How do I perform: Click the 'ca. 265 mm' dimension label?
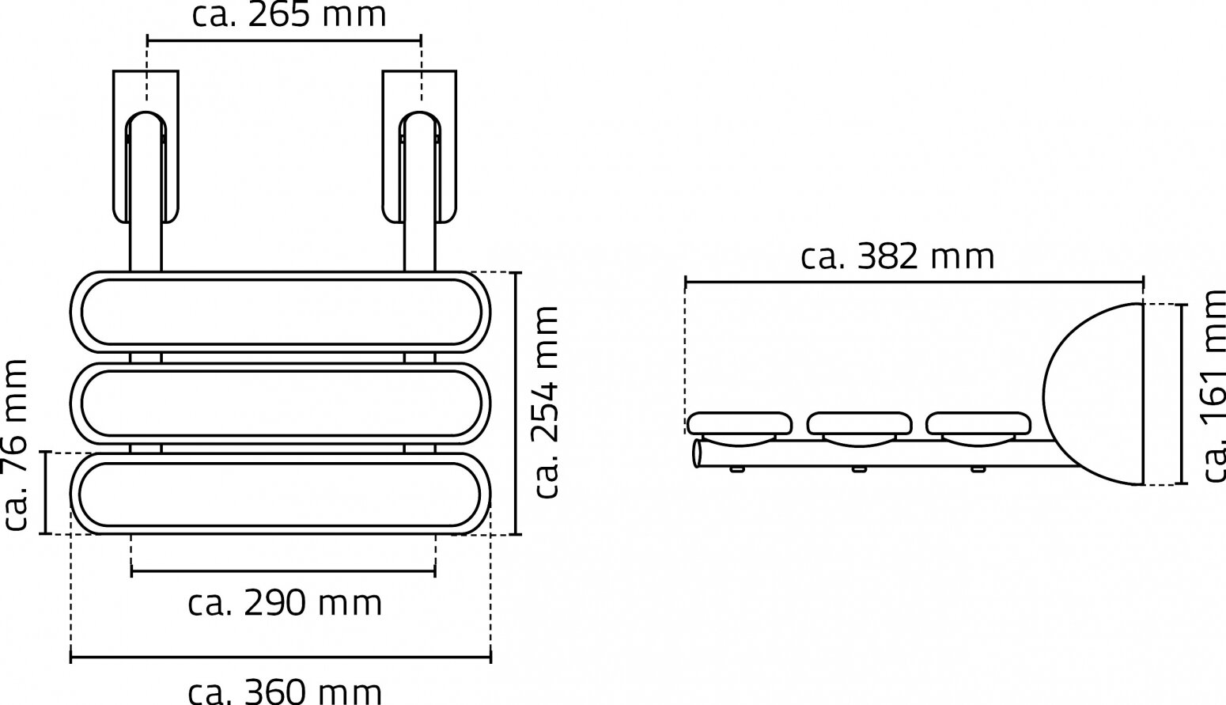(x=289, y=15)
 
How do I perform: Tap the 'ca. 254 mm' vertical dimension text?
(x=547, y=403)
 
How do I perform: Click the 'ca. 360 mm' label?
(x=285, y=691)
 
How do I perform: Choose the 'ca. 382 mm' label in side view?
(x=897, y=257)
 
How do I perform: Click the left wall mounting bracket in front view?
(x=146, y=146)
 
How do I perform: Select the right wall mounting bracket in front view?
(x=419, y=146)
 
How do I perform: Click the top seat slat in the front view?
(x=281, y=312)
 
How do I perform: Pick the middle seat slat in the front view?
(x=281, y=403)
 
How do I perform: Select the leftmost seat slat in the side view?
(x=740, y=423)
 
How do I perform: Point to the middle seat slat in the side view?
(x=859, y=423)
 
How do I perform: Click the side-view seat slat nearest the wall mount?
(x=978, y=423)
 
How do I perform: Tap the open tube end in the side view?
(x=698, y=454)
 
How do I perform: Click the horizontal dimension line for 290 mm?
(x=283, y=570)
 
